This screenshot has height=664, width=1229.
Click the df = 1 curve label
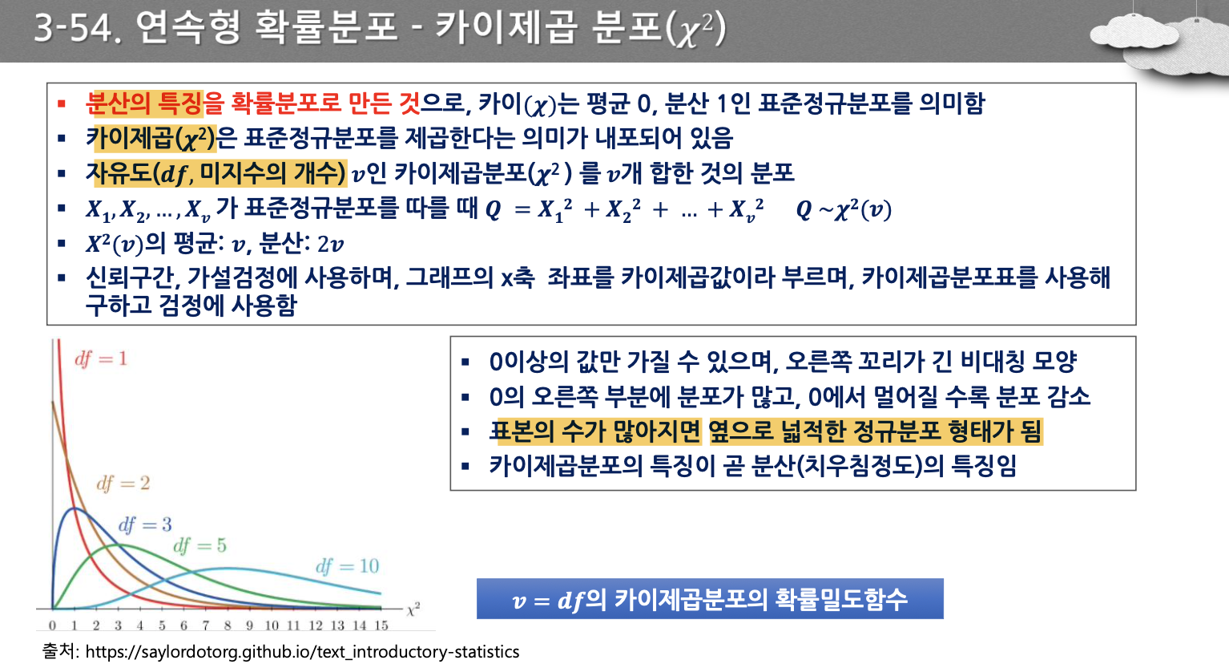pyautogui.click(x=101, y=358)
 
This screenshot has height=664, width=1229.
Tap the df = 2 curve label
pyautogui.click(x=123, y=484)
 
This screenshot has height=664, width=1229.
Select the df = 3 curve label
pyautogui.click(x=145, y=525)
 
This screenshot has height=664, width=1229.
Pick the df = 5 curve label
pyautogui.click(x=199, y=545)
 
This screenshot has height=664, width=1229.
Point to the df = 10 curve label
pyautogui.click(x=347, y=566)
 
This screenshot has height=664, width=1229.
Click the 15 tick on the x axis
pyautogui.click(x=381, y=626)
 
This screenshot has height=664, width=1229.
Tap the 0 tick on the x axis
pyautogui.click(x=52, y=626)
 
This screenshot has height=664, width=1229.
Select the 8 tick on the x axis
pyautogui.click(x=228, y=626)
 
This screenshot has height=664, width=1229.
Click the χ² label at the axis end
pyautogui.click(x=413, y=609)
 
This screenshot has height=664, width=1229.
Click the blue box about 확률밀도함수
pyautogui.click(x=710, y=599)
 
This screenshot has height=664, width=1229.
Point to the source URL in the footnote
pyautogui.click(x=302, y=652)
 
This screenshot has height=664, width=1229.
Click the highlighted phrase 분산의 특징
pyautogui.click(x=144, y=103)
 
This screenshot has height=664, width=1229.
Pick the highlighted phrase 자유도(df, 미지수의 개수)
pyautogui.click(x=216, y=173)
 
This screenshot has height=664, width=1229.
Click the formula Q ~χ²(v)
pyautogui.click(x=844, y=210)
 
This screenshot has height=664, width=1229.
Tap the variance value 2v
pyautogui.click(x=330, y=245)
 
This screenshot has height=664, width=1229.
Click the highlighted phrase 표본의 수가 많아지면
pyautogui.click(x=595, y=431)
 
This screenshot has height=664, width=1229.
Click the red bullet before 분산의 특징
pyautogui.click(x=62, y=103)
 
